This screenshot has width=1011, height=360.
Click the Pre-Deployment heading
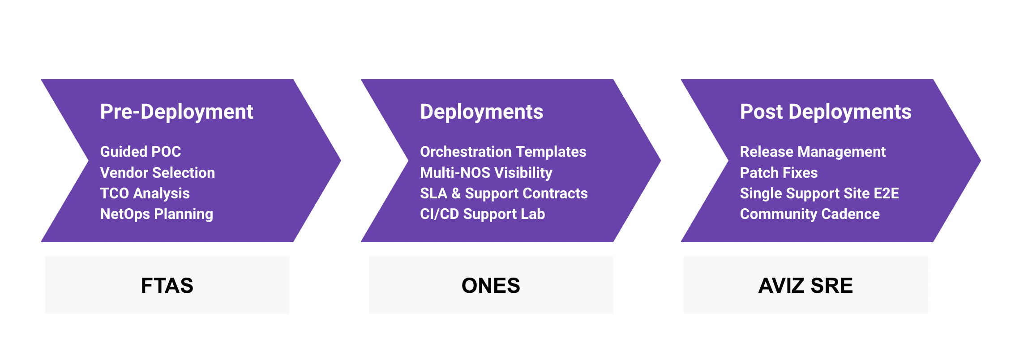pos(176,112)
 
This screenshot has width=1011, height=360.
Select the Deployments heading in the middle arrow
pos(481,112)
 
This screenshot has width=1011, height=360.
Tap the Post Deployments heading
pos(825,112)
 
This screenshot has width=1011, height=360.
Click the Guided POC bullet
pos(140,152)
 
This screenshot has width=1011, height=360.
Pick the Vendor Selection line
pos(157,173)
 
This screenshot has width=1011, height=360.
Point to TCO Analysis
pos(145,193)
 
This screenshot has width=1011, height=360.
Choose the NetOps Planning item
pos(156,214)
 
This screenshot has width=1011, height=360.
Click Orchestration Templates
pos(503,152)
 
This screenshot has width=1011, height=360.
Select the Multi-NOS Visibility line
pos(486,173)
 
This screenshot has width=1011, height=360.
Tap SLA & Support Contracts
pos(503,193)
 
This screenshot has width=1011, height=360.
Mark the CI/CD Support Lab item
pos(482,214)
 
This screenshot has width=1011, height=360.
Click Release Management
pos(813,152)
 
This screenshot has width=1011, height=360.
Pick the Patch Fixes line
pos(779,173)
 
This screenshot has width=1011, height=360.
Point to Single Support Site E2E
pos(819,193)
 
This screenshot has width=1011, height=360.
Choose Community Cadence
pos(810,214)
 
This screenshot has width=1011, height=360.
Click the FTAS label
pos(167,286)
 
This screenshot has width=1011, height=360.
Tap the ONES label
pos(491,286)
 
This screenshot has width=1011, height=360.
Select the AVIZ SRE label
pos(805,286)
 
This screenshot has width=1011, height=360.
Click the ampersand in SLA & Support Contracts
pos(456,193)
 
